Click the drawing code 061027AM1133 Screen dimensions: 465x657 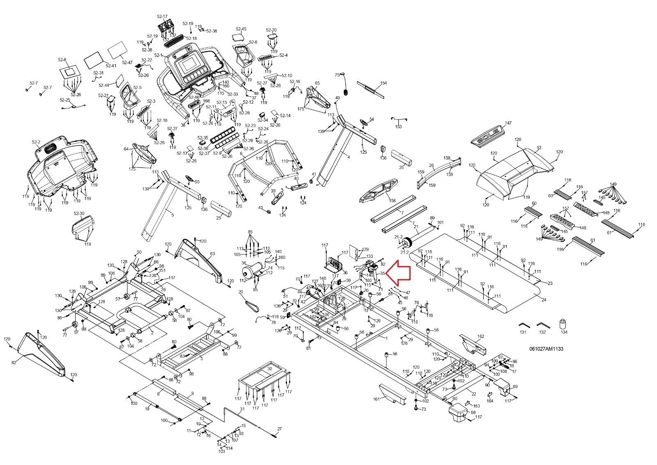pyautogui.click(x=546, y=349)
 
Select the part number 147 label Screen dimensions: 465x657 pyautogui.click(x=508, y=123)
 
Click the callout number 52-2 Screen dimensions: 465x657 pyautogui.click(x=36, y=142)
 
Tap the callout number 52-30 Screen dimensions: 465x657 pyautogui.click(x=79, y=213)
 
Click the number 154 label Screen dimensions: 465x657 pyautogui.click(x=383, y=83)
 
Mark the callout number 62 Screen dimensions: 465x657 pyautogui.click(x=14, y=362)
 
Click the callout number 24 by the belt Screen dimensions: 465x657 pyautogui.click(x=544, y=300)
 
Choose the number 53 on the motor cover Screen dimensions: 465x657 pyautogui.click(x=539, y=148)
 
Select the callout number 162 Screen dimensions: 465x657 pyautogui.click(x=481, y=336)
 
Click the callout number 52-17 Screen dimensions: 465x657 pyautogui.click(x=162, y=16)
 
